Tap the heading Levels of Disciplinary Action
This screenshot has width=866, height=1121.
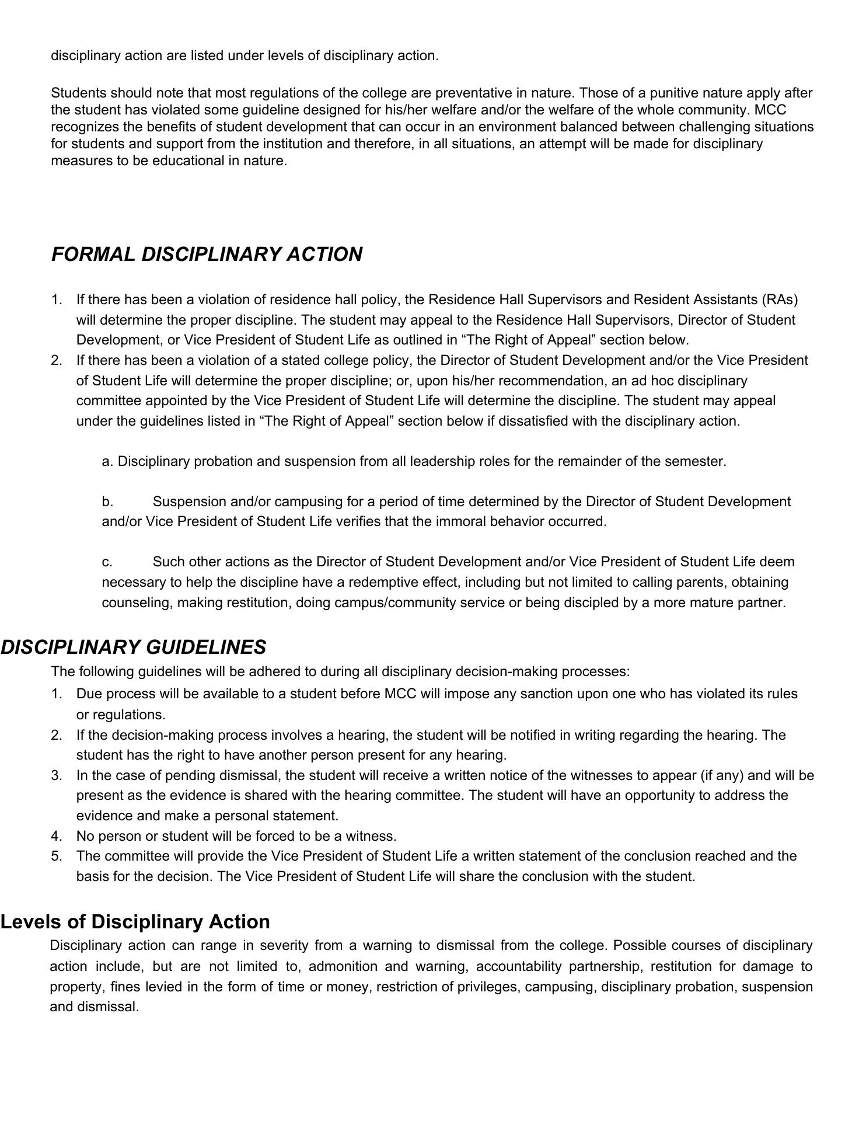coord(135,921)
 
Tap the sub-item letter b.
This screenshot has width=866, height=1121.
coord(107,502)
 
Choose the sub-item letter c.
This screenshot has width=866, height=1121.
coord(107,562)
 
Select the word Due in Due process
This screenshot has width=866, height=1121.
coord(88,694)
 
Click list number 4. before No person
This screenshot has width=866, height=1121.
coord(57,835)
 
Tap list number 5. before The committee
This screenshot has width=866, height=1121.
coord(57,856)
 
